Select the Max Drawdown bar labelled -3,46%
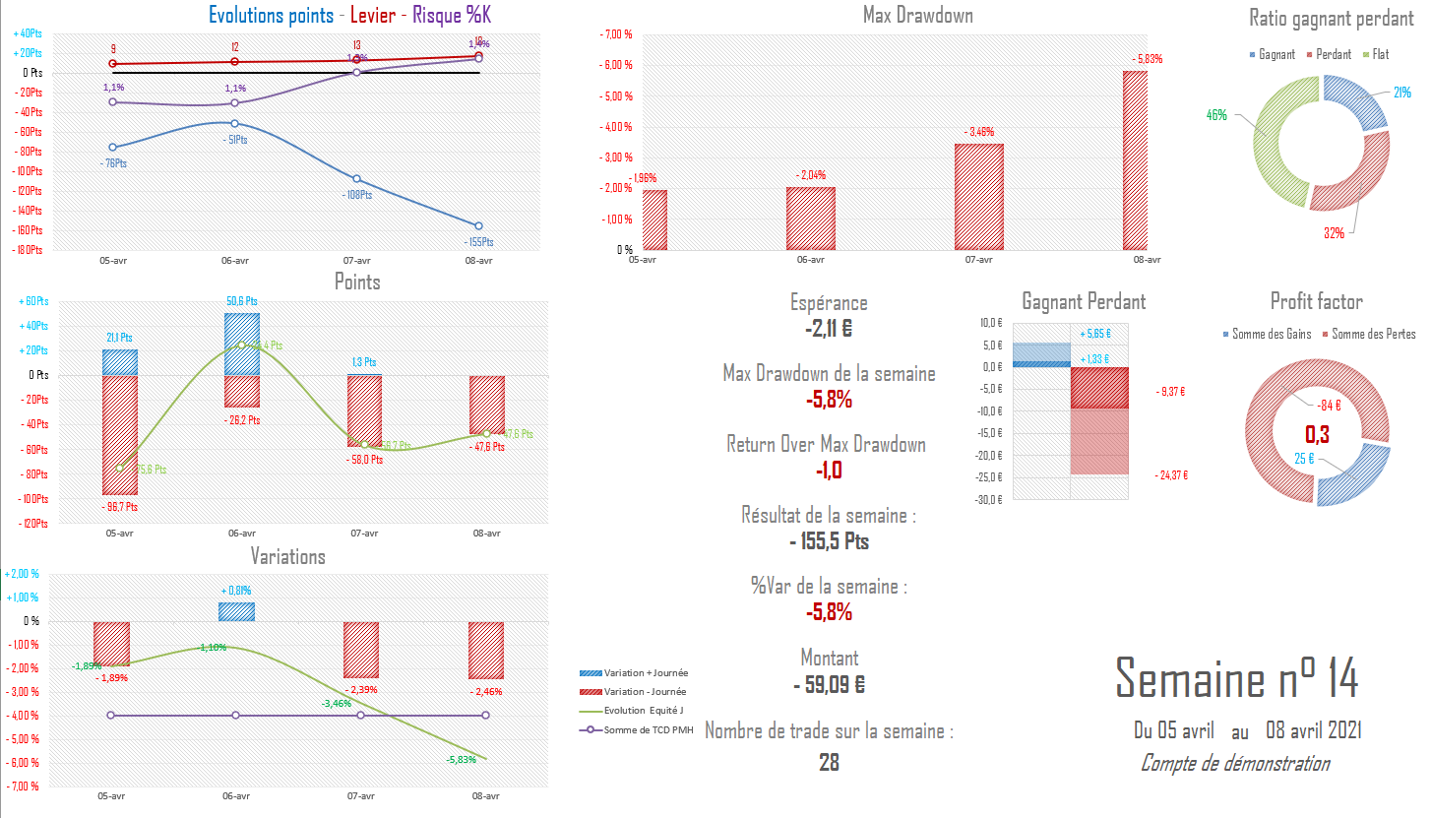click(978, 197)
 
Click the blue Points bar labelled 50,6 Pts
click(242, 344)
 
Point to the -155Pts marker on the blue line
click(478, 226)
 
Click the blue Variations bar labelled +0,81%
click(236, 611)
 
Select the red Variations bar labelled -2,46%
click(486, 651)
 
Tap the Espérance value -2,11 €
click(829, 329)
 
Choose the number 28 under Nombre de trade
click(829, 762)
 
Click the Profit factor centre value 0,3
click(1317, 434)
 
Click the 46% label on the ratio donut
click(1216, 115)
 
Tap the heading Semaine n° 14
click(1237, 678)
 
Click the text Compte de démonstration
click(1234, 764)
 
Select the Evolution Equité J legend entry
click(646, 711)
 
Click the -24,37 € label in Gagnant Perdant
click(1170, 475)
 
